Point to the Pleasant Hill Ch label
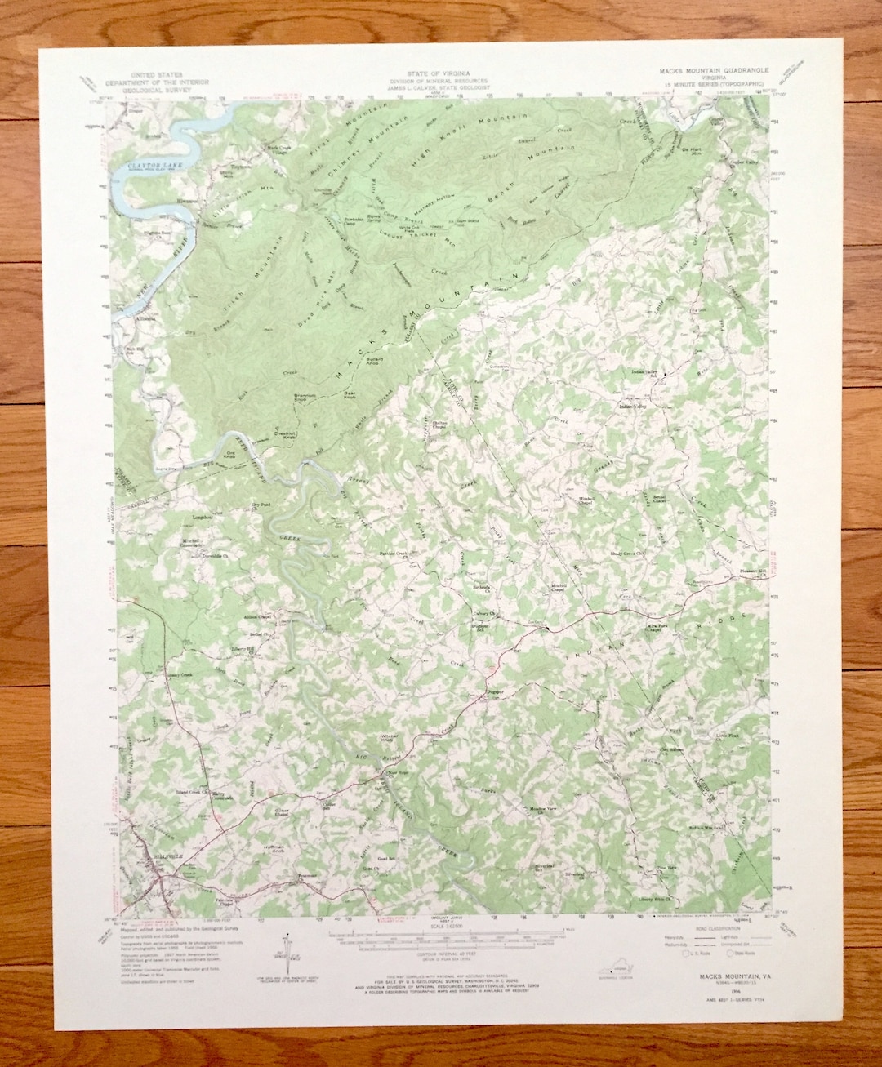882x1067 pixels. click(x=748, y=575)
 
